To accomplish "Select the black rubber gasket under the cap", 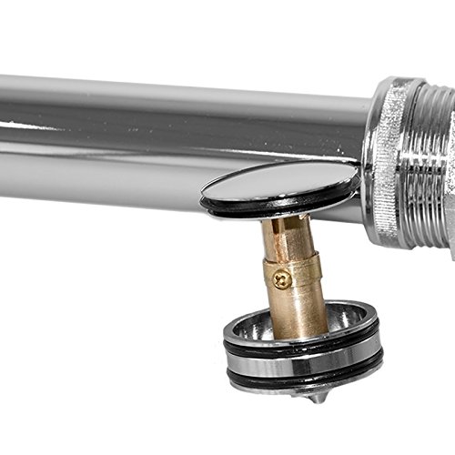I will (273, 208).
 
